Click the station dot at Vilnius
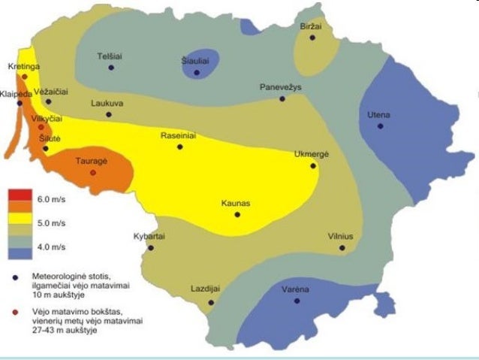(342, 247)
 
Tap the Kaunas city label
(236, 203)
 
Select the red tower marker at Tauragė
(93, 173)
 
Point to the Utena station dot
(381, 126)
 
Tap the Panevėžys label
(280, 87)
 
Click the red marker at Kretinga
(25, 77)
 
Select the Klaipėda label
(16, 93)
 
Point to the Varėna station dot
(297, 301)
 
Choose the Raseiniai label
(178, 136)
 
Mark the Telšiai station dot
(111, 68)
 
